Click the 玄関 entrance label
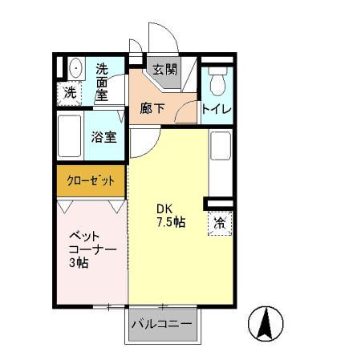[x=162, y=70]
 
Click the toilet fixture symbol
[x=218, y=80]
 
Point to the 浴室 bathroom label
[x=105, y=136]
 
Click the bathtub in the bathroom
[x=71, y=136]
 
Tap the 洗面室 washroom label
[x=102, y=81]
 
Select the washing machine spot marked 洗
[x=71, y=92]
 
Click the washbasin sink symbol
[x=74, y=68]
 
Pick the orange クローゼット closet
[x=91, y=180]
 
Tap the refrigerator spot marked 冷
[x=218, y=223]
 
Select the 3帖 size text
[x=79, y=264]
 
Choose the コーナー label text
[x=91, y=249]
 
